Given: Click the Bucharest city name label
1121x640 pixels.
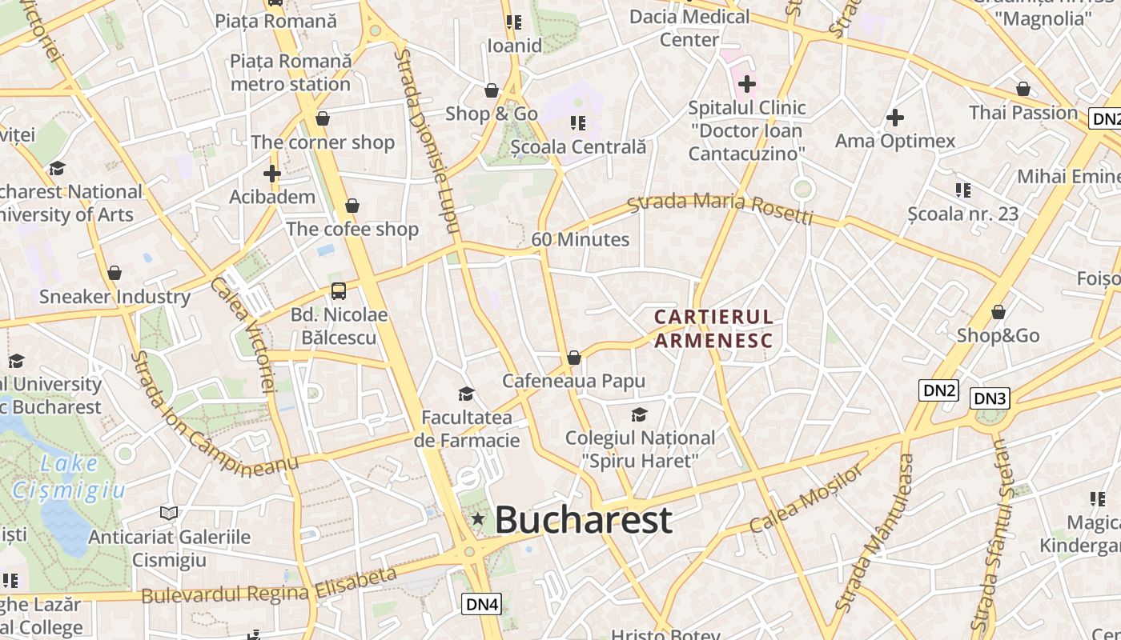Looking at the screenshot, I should coord(583,520).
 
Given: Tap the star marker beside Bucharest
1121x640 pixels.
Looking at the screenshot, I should coord(478,519).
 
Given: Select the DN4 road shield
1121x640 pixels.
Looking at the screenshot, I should coord(482,604).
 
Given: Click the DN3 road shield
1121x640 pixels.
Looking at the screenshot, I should coord(990,398).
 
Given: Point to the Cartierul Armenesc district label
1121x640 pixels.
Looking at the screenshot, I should coord(713,329).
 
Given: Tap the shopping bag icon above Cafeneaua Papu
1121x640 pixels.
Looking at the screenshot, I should coord(573,358).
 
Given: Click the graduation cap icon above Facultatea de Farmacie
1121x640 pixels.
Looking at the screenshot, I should coord(466,394).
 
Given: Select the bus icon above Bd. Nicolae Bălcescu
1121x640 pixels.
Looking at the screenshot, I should coord(339,291).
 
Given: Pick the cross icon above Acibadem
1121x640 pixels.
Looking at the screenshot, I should coord(272,174).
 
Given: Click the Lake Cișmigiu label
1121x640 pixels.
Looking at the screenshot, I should coord(69,476).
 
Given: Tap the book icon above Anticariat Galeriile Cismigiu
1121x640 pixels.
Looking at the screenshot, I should coord(169,513).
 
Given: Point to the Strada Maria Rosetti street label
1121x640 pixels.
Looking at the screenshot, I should coord(720,207).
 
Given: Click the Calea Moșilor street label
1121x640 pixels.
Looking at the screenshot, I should coord(806,498).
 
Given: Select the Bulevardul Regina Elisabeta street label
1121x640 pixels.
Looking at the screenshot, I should coord(269,586).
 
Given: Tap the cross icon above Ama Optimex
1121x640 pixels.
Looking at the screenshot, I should coord(895,118).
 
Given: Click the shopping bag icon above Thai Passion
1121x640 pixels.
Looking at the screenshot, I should coord(1023,89).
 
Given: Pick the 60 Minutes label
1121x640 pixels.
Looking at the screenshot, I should coord(581,239).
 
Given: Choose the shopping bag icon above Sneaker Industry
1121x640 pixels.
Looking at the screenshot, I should coord(115,273).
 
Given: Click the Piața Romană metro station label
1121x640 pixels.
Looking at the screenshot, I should coord(291,72).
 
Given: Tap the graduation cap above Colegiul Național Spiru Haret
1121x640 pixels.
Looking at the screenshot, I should coord(639,414).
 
